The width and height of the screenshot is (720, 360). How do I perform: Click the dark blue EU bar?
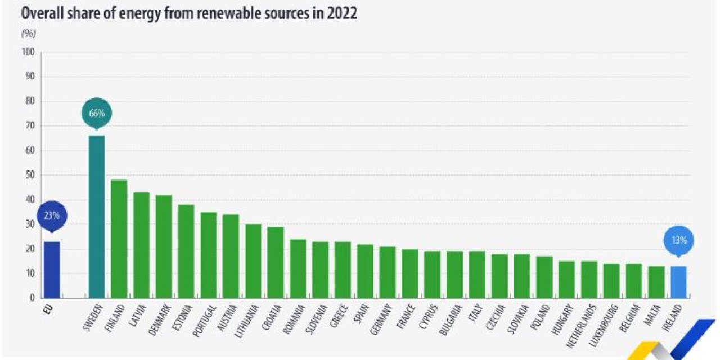coord(52,269)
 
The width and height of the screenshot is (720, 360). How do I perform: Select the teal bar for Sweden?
coord(97,217)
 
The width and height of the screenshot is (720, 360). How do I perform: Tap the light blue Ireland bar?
coord(679,281)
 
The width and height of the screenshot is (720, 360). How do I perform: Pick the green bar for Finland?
coord(119,238)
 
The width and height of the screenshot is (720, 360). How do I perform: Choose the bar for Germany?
coord(388,272)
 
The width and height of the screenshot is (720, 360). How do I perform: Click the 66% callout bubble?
coord(97,113)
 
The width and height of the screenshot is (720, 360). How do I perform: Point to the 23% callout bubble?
coord(52,215)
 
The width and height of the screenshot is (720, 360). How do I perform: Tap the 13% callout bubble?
coord(678,240)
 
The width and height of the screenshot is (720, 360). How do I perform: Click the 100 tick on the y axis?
coord(28,52)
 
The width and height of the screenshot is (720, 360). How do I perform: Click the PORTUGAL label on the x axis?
coord(204,321)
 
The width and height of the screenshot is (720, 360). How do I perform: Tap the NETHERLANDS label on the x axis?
coord(586,325)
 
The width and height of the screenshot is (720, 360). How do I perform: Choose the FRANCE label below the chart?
coord(407,317)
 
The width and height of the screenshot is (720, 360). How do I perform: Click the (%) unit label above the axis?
coord(28,33)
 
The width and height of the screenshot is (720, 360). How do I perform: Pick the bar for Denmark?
coord(164,246)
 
